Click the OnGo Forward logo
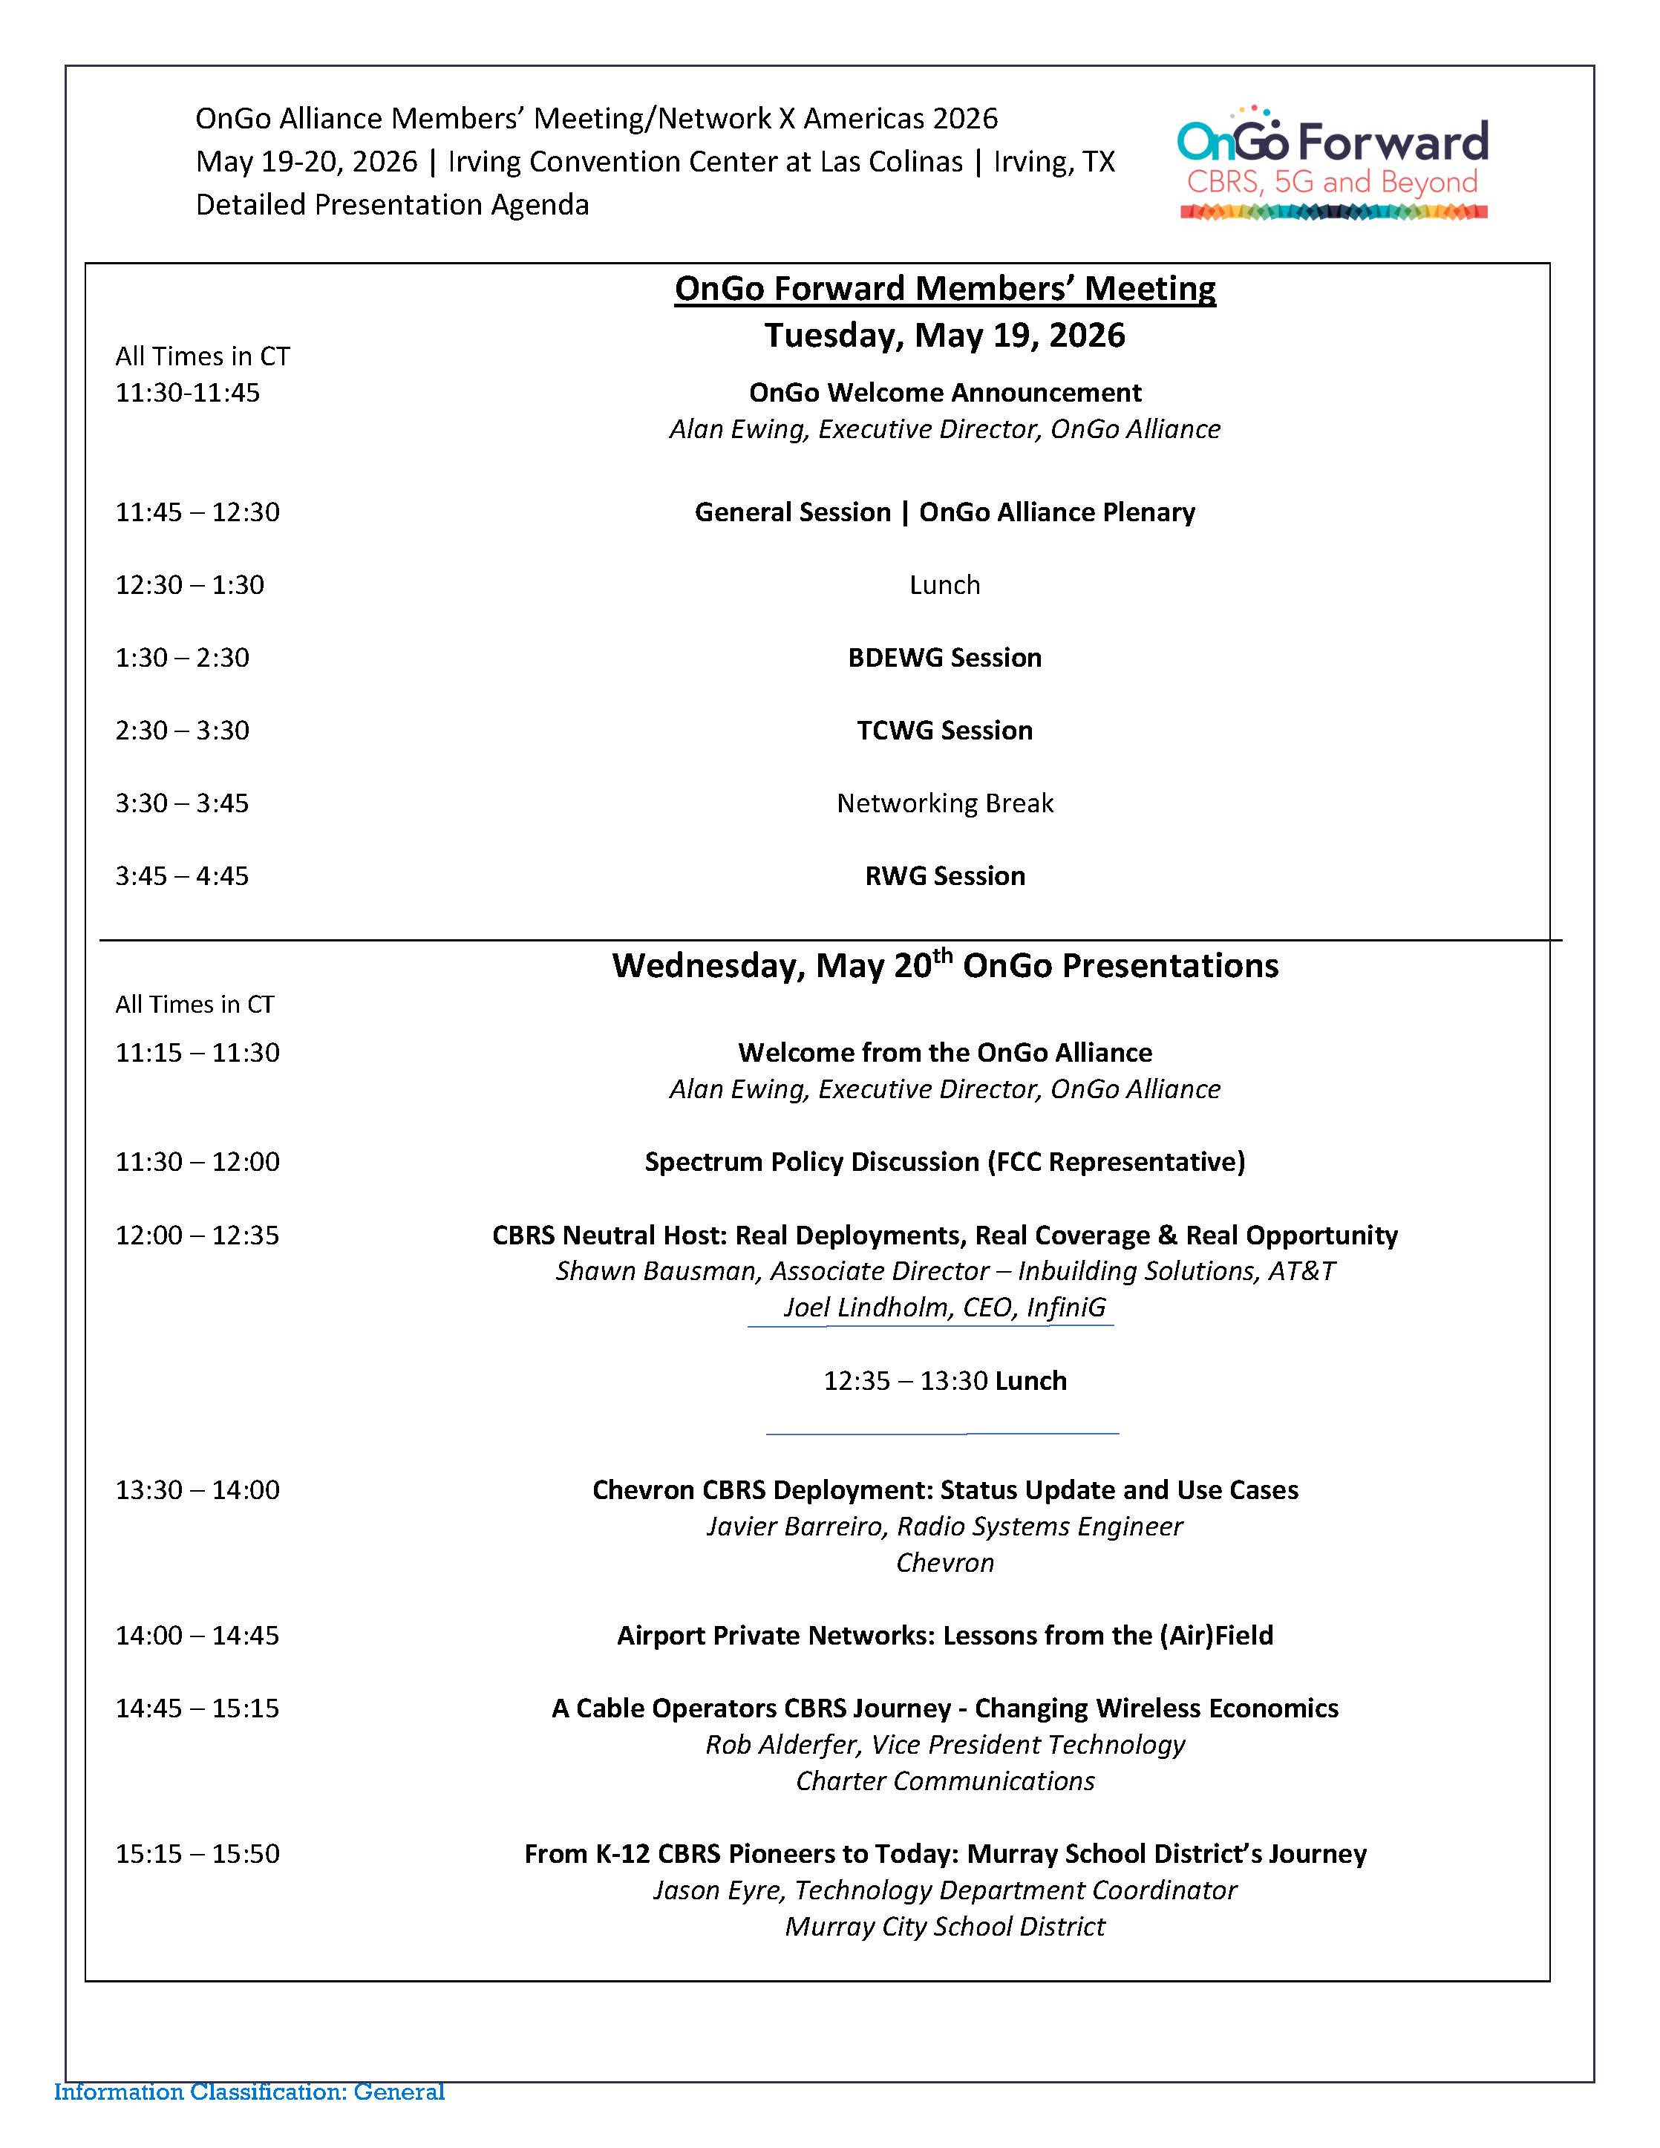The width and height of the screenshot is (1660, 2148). (x=1333, y=163)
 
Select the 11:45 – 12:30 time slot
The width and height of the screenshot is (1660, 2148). (x=197, y=512)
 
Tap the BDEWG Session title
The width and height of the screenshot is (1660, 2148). (x=944, y=658)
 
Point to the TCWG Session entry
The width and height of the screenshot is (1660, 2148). (x=944, y=731)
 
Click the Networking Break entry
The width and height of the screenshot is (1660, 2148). (x=944, y=803)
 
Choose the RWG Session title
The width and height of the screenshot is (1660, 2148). (x=944, y=876)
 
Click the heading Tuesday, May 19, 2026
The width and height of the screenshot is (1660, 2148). (x=944, y=336)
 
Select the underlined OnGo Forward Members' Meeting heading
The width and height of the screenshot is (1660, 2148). (x=944, y=288)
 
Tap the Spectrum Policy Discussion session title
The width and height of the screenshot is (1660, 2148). (x=944, y=1163)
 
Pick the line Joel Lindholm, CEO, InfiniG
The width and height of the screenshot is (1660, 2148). (x=944, y=1308)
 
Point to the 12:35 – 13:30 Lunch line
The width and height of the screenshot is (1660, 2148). (x=944, y=1381)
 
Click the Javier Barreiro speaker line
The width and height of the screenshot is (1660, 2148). (x=944, y=1527)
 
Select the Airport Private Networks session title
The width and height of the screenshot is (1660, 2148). (x=944, y=1636)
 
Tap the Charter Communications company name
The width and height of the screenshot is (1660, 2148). (x=944, y=1781)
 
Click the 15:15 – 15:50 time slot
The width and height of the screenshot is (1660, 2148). (x=197, y=1854)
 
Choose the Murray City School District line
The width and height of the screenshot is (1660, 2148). (x=944, y=1927)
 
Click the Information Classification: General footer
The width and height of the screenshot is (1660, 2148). (x=249, y=2092)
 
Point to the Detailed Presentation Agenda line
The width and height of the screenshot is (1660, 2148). (x=393, y=205)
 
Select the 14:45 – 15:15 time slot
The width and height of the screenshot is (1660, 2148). (x=197, y=1708)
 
